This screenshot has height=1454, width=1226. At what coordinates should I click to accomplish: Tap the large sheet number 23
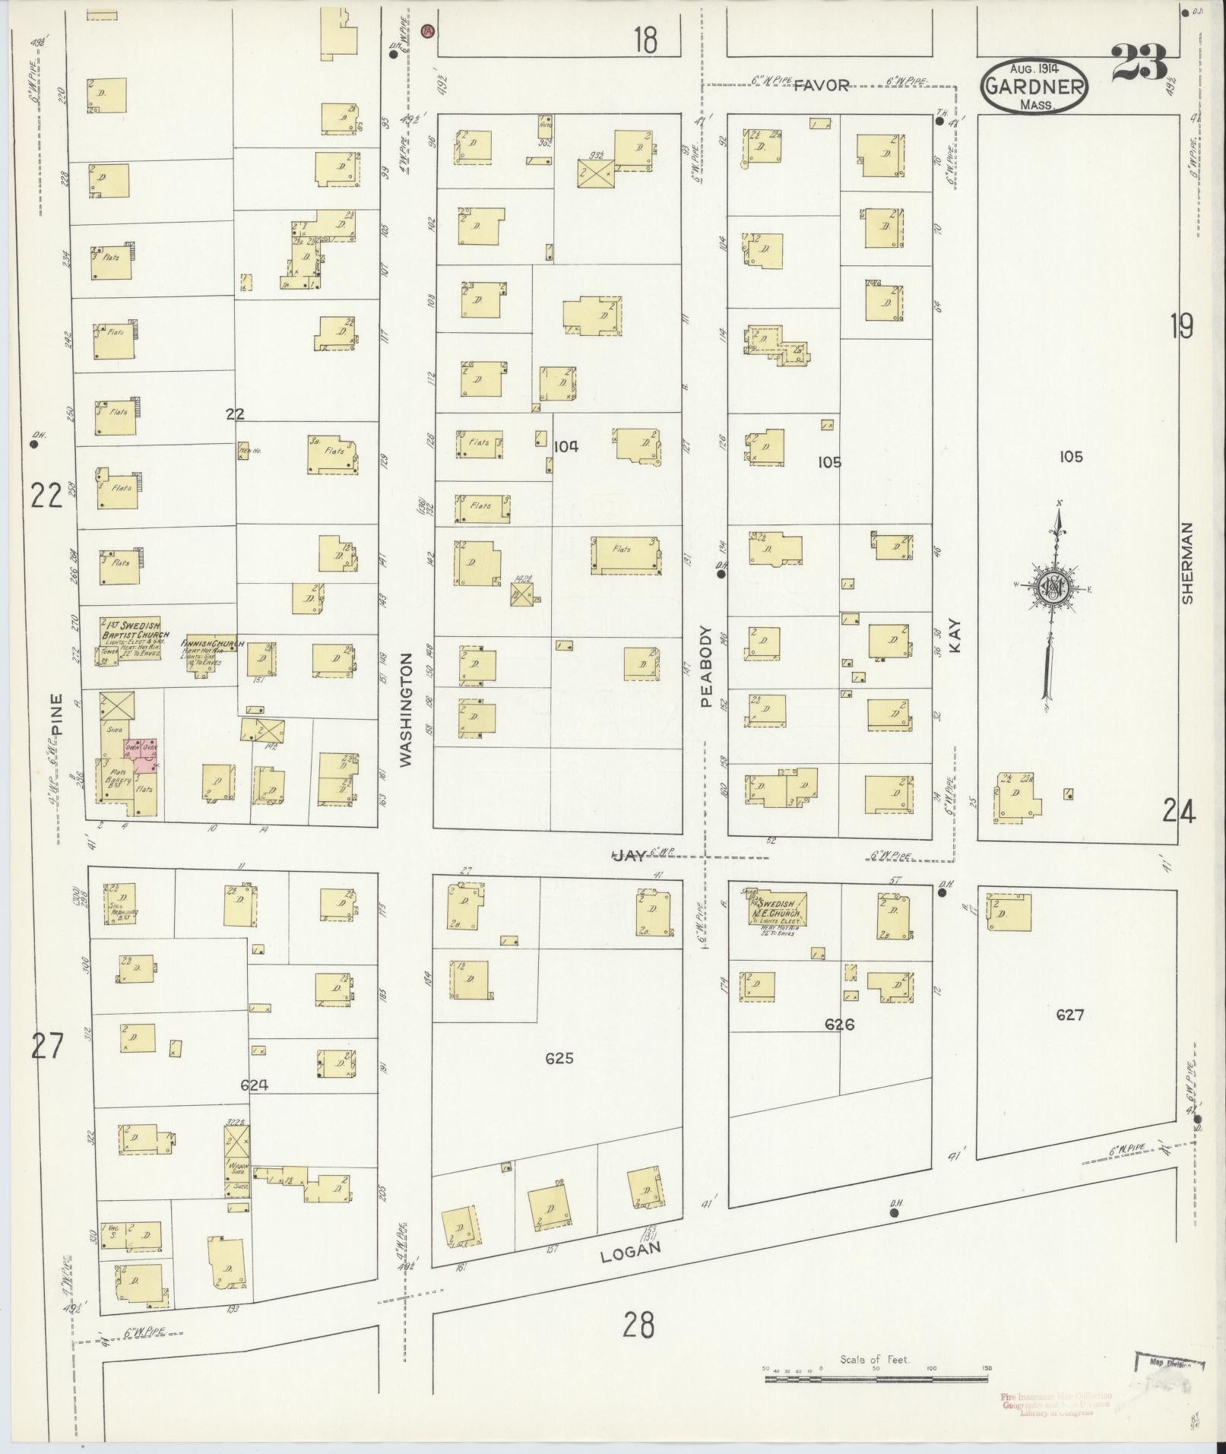tap(1139, 62)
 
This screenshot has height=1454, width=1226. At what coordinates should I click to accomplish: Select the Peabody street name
tap(705, 667)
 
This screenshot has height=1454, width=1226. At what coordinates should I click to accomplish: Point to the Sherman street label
tap(1187, 563)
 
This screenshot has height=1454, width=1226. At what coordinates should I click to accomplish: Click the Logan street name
tap(630, 1251)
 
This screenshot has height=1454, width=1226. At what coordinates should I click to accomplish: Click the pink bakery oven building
tap(141, 755)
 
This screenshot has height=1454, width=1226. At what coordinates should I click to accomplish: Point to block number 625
tap(558, 1058)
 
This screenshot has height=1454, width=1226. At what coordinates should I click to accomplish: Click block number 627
tap(1069, 1014)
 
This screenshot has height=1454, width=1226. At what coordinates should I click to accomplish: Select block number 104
tap(565, 446)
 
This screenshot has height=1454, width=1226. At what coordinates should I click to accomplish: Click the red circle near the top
tap(428, 31)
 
